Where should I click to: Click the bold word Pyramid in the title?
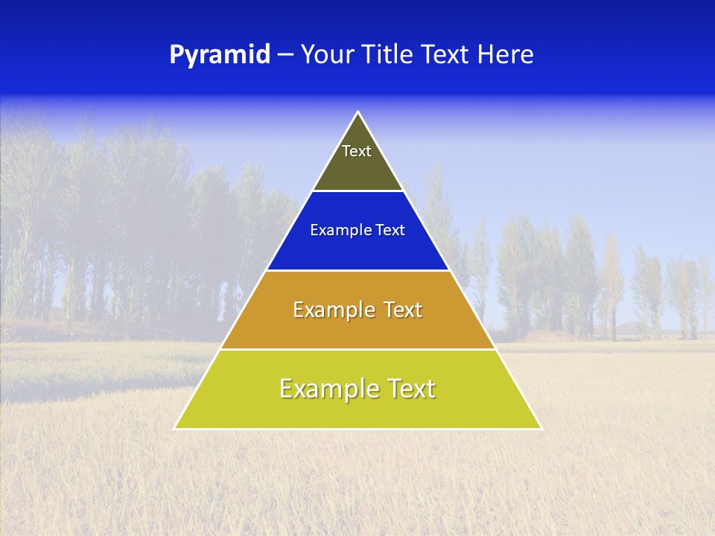coord(220,55)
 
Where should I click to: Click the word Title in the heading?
coord(386,55)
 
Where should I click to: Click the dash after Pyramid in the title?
coord(285,55)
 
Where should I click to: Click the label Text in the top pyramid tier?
coord(356,151)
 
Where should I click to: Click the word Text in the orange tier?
coord(400,310)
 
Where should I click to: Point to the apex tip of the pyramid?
coord(358,113)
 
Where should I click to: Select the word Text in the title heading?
coord(445,55)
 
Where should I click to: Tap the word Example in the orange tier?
coord(331,310)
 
